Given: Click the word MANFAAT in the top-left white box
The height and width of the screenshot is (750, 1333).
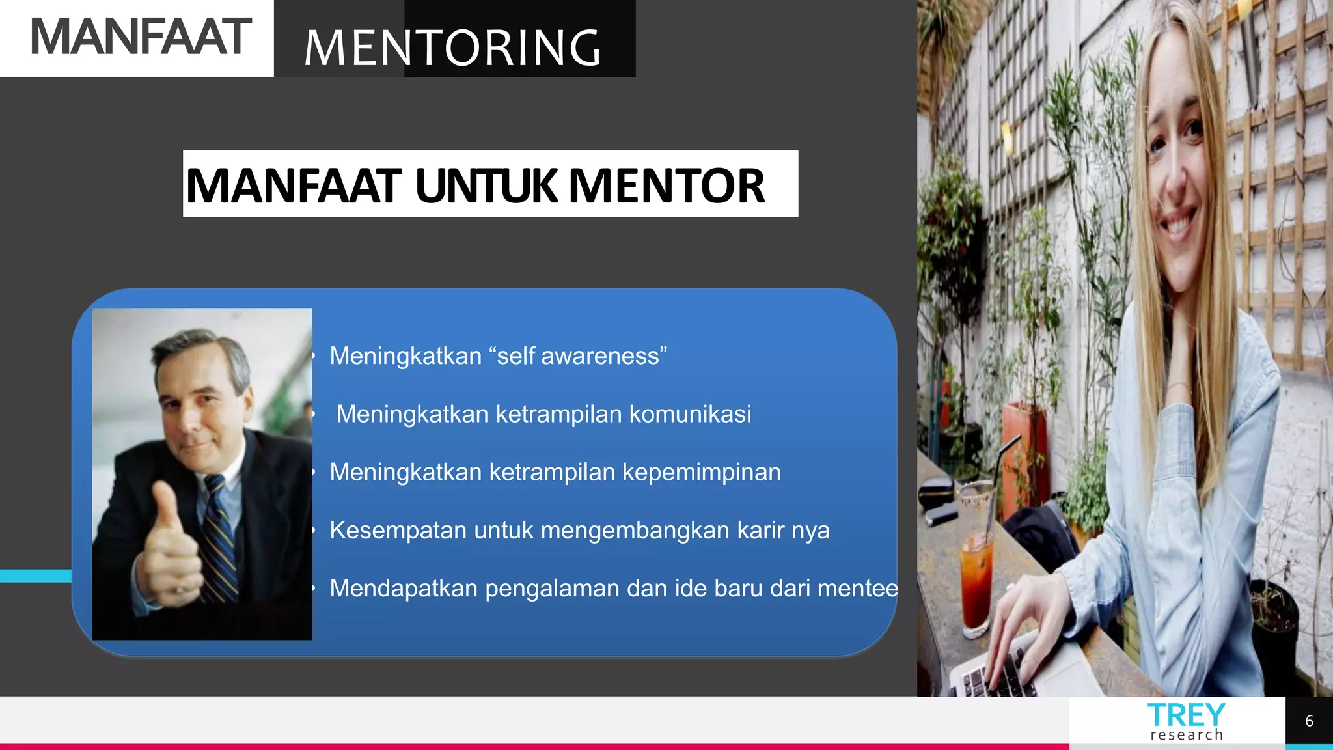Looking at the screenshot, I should click(x=140, y=37).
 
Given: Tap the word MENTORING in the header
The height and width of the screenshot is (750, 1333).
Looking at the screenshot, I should click(x=452, y=48).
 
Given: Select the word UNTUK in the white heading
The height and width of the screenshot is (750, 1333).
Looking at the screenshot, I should click(x=486, y=186).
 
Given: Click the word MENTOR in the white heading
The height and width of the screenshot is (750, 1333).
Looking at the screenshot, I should click(x=667, y=186).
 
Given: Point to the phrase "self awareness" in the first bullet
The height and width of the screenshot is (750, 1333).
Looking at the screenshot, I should click(x=578, y=356).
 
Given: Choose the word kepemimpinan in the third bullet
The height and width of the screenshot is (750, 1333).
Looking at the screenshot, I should click(x=701, y=472).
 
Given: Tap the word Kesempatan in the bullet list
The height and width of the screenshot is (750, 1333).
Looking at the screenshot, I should click(x=398, y=530).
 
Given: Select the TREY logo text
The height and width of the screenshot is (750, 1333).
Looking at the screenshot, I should click(x=1186, y=715).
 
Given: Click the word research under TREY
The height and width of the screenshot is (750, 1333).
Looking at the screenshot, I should click(x=1187, y=735).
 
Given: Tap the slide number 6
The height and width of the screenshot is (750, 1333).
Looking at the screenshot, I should click(x=1309, y=721).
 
